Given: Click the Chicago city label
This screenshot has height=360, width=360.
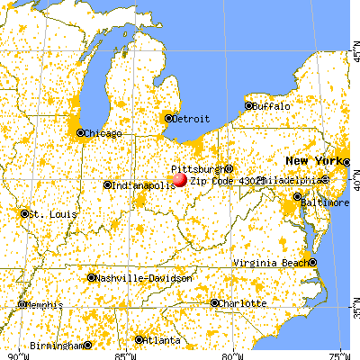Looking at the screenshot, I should [103, 134].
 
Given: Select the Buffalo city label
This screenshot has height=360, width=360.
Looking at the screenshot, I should [273, 106].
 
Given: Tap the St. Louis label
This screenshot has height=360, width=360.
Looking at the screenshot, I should [45, 214].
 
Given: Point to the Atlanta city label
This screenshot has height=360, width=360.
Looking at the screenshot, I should [161, 339].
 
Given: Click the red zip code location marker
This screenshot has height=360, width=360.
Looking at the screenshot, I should [180, 179].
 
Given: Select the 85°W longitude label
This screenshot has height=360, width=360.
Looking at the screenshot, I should [120, 355].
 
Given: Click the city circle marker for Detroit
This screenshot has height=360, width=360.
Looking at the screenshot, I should [168, 118].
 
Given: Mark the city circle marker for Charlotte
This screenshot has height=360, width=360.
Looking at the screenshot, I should [214, 303].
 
